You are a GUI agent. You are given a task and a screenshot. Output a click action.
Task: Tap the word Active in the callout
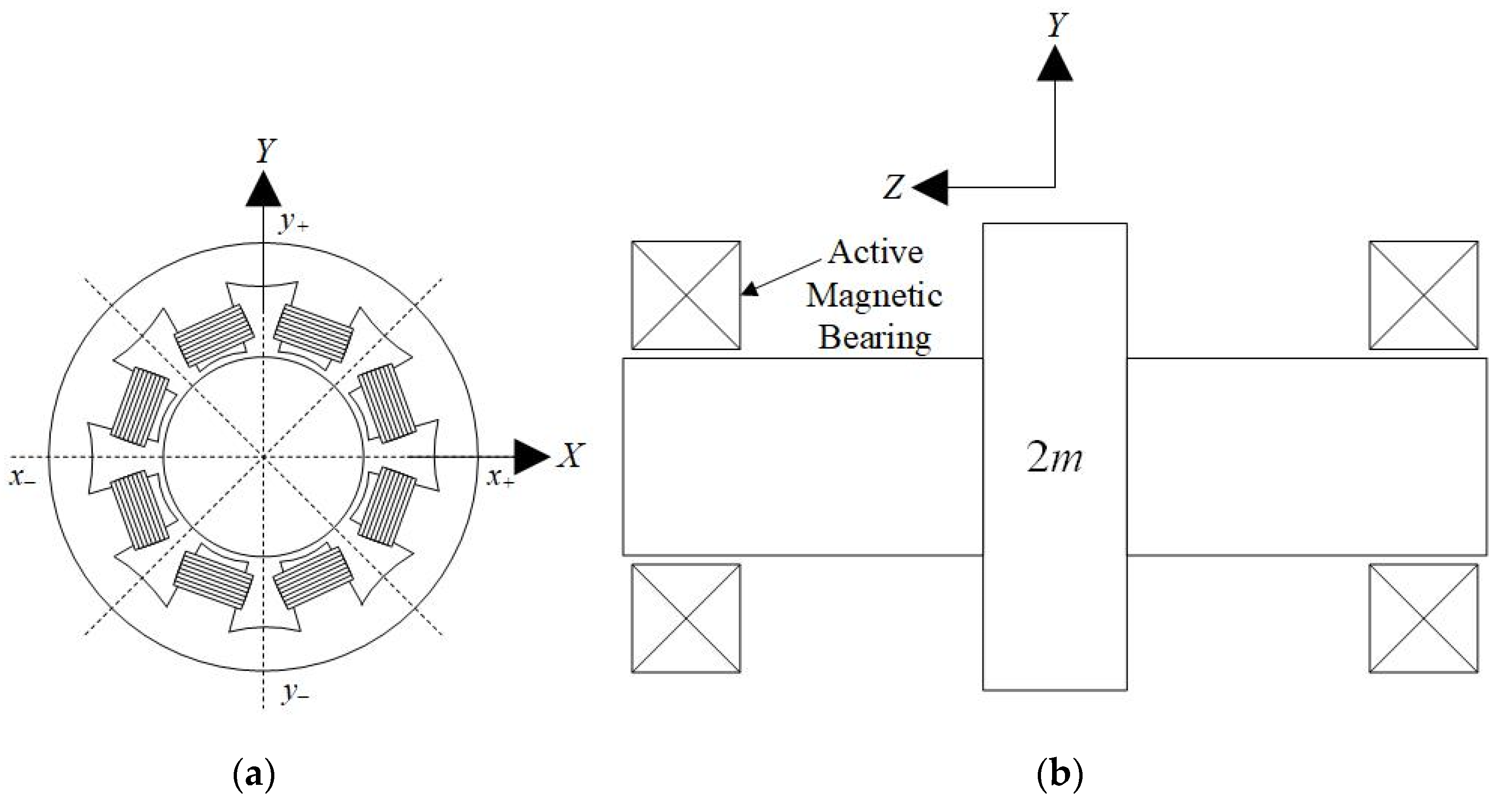875,253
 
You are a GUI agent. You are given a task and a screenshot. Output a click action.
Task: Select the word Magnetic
874,295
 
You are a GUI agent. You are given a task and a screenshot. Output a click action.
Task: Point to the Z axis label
894,187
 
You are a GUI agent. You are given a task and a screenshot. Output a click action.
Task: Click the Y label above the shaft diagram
1057,25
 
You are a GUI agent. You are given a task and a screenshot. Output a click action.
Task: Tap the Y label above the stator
265,151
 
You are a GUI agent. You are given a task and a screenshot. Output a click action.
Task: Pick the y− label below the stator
295,692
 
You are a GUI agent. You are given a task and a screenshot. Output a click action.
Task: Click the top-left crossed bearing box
685,295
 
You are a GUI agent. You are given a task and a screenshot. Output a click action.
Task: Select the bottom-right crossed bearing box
1423,619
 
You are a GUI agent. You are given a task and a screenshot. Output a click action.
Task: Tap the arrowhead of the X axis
531,457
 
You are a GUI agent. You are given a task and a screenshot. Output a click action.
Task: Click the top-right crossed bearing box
1423,295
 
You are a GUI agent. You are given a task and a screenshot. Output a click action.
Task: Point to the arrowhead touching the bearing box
751,289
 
